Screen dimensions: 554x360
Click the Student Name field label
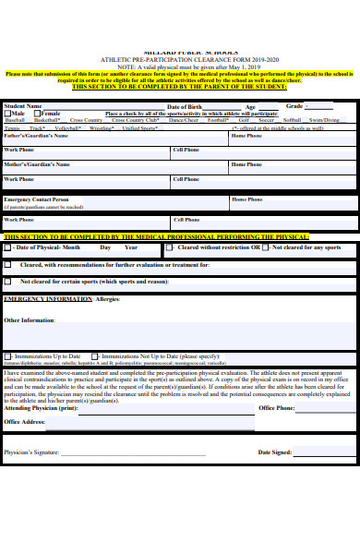pyautogui.click(x=23, y=106)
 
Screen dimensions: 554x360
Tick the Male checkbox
pyautogui.click(x=7, y=114)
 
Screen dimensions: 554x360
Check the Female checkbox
pyautogui.click(x=39, y=114)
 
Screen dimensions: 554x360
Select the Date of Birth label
pyautogui.click(x=183, y=107)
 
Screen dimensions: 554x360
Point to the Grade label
pyautogui.click(x=294, y=106)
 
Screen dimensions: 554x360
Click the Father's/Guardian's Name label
pyautogui.click(x=36, y=135)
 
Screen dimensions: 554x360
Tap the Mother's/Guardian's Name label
pyautogui.click(x=37, y=164)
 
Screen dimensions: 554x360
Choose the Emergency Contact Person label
pyautogui.click(x=36, y=199)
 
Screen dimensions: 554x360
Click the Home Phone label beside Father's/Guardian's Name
pyautogui.click(x=246, y=135)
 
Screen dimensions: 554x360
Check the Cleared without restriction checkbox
pyautogui.click(x=173, y=247)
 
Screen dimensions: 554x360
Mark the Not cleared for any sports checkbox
pyautogui.click(x=267, y=247)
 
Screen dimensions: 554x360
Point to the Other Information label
pyautogui.click(x=30, y=320)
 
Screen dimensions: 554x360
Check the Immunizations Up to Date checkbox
pyautogui.click(x=8, y=355)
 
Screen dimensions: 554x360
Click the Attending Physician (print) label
pyautogui.click(x=41, y=408)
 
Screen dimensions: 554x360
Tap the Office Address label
pyautogui.click(x=25, y=421)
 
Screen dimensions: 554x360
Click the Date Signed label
pyautogui.click(x=275, y=452)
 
